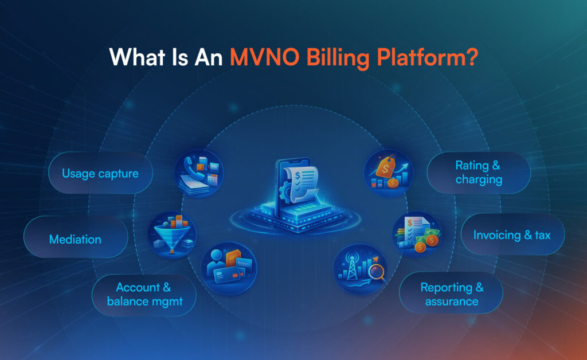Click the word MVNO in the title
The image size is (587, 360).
tap(264, 57)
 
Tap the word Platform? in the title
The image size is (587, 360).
tap(428, 58)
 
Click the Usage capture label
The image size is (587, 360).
tap(100, 174)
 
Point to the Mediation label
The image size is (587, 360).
tap(75, 239)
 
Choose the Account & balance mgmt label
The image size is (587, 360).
tap(144, 295)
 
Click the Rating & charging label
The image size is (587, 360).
tap(479, 173)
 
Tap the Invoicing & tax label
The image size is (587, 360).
tap(512, 235)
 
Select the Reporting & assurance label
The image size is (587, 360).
tap(452, 294)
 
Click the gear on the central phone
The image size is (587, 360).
tap(286, 191)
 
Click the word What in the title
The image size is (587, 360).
tap(137, 57)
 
